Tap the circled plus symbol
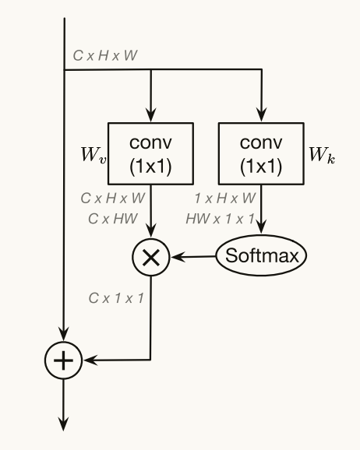tap(65, 360)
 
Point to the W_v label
tap(94, 154)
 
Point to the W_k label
tap(320, 154)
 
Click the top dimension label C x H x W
tap(104, 56)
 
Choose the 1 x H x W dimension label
tap(225, 200)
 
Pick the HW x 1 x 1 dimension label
tap(220, 219)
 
